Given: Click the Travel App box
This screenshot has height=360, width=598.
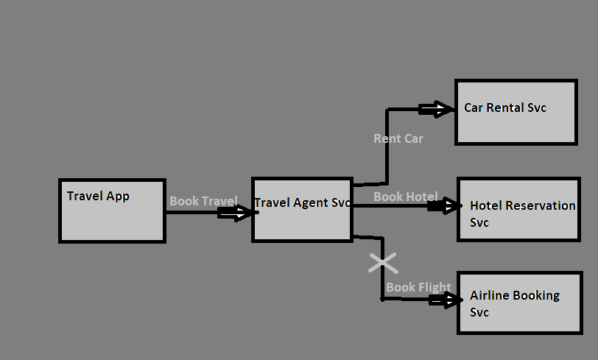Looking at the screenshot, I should [x=112, y=211].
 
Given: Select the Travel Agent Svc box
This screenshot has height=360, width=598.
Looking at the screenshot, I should [x=301, y=210].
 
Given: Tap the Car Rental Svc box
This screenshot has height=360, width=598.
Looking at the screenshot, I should [x=516, y=112].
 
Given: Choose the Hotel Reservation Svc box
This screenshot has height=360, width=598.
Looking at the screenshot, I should [x=518, y=209].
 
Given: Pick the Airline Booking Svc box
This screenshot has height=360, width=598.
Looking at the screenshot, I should [x=518, y=303].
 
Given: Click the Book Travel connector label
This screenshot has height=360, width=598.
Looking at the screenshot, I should [x=203, y=201].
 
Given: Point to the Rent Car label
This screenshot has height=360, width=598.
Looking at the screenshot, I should [x=398, y=138].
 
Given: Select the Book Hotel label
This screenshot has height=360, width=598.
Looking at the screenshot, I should [x=405, y=197].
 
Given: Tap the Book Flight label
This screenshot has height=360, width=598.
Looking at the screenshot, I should [x=419, y=287].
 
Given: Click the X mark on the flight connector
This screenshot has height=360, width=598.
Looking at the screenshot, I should [x=382, y=263].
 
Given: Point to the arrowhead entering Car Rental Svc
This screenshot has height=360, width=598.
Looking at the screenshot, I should [x=437, y=110].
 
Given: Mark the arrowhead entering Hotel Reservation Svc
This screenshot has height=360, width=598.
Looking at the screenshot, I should [x=446, y=207].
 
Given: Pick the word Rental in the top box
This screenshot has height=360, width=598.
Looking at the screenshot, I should [x=506, y=107].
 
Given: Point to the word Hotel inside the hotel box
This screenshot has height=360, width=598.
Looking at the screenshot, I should [x=485, y=205].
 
